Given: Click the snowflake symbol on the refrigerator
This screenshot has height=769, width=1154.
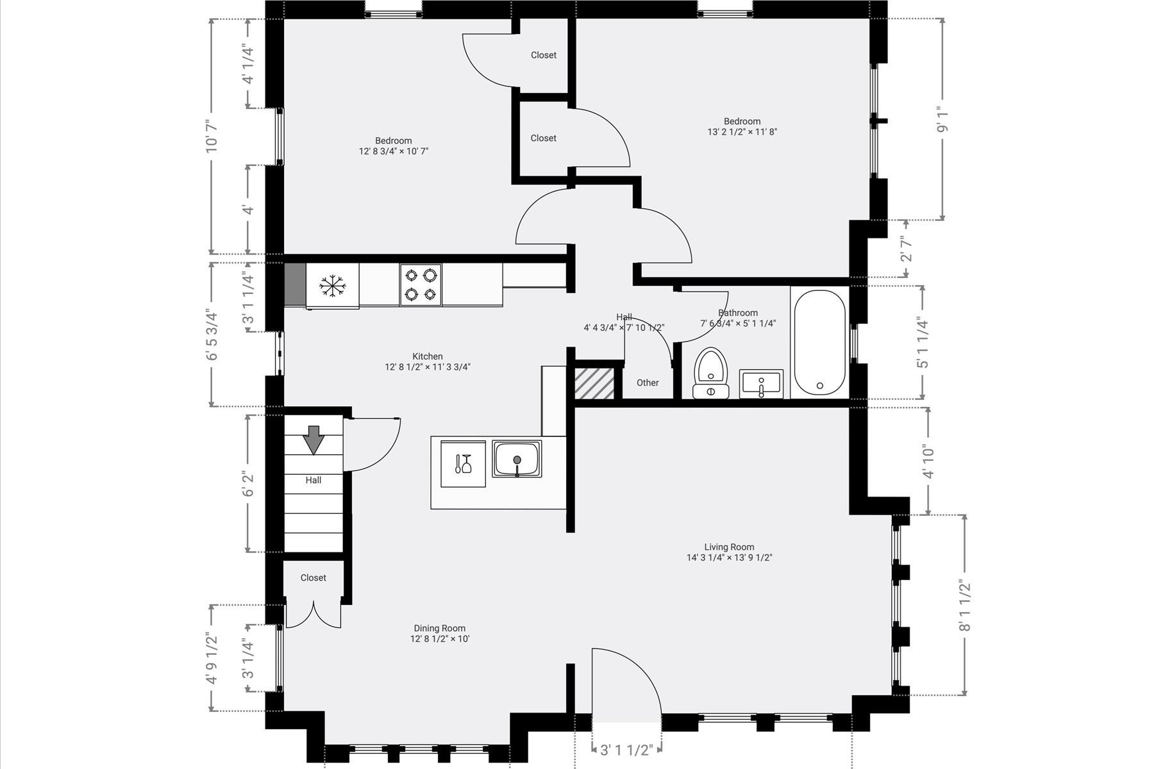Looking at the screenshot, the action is click(x=333, y=286).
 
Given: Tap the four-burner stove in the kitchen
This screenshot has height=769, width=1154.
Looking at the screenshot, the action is click(x=421, y=285).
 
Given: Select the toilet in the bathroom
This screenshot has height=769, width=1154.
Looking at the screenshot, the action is click(x=710, y=373).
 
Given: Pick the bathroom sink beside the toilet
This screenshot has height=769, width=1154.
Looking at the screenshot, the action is click(x=761, y=383).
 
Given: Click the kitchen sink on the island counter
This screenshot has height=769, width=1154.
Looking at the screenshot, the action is click(x=517, y=458).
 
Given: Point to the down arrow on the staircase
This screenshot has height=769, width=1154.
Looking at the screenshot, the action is click(x=314, y=440).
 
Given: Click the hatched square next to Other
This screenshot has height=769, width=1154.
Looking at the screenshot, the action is click(x=594, y=383).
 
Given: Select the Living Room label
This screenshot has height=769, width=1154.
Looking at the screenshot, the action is click(x=729, y=547).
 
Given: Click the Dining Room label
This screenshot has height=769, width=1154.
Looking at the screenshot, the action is click(x=440, y=628).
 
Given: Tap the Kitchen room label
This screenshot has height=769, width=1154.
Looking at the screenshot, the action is click(x=428, y=356).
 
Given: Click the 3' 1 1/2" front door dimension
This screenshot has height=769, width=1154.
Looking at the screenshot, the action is click(x=626, y=750).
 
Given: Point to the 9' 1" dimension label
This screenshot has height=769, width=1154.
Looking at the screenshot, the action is click(x=942, y=120).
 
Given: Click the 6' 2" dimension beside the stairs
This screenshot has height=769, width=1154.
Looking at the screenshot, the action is click(x=248, y=484).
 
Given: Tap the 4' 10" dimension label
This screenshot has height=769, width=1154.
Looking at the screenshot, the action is click(x=928, y=461).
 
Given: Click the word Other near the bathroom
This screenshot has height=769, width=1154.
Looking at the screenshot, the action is click(x=648, y=383).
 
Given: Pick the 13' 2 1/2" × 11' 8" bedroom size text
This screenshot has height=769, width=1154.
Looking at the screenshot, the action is click(x=742, y=132).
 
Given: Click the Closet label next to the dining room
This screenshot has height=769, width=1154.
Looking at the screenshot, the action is click(x=314, y=577).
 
